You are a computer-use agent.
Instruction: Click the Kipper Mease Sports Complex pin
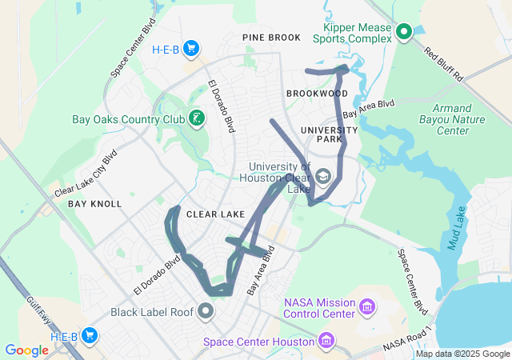coord(404,32)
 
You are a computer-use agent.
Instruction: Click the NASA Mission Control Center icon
coord(367,306)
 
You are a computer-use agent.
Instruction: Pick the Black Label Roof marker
coord(207,311)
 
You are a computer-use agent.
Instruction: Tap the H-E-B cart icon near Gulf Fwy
coord(90,336)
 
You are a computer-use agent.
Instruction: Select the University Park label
coord(329,134)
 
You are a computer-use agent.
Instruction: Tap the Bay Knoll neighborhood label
coord(94,204)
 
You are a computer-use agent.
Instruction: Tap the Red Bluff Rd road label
coord(444,65)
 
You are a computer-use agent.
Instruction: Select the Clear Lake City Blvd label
coord(86,173)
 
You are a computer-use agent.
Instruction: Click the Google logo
coord(26,350)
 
